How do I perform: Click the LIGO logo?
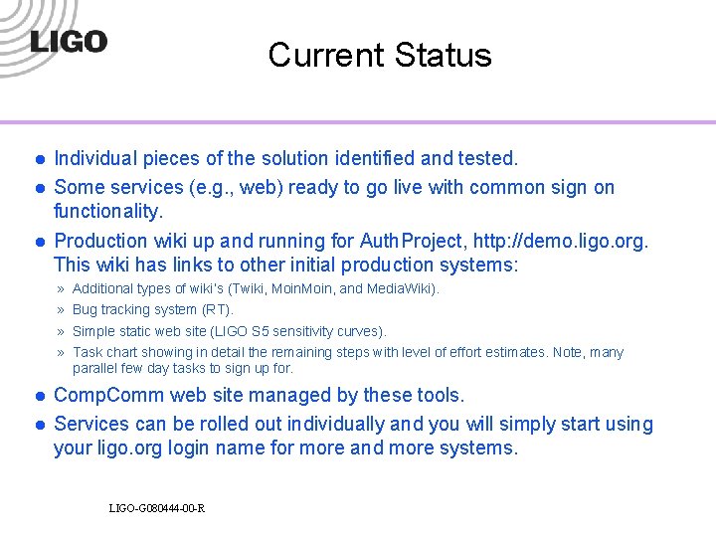69,42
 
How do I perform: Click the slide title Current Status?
379,55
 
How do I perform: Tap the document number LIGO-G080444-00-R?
157,509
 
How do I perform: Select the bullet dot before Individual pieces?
38,159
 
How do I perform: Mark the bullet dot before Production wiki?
38,242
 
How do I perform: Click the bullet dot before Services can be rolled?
38,425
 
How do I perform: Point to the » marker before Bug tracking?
62,310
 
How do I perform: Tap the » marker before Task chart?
62,352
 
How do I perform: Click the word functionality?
108,211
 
